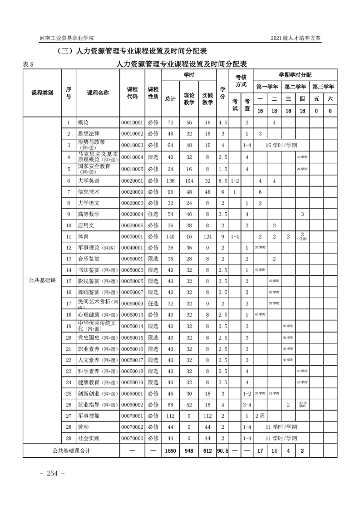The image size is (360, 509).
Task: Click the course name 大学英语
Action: pyautogui.click(x=89, y=181)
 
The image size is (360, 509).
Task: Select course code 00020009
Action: pyautogui.click(x=132, y=192)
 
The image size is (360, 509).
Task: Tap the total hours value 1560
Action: pyautogui.click(x=170, y=451)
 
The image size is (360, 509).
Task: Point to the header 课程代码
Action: pyautogui.click(x=132, y=93)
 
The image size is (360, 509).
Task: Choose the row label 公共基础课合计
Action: pyautogui.click(x=70, y=451)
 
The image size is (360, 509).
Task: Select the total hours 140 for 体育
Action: pyautogui.click(x=170, y=236)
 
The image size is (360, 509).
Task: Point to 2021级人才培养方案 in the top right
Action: pyautogui.click(x=295, y=38)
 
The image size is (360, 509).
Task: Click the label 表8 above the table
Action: pyautogui.click(x=28, y=64)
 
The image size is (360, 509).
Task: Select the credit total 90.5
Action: pyautogui.click(x=222, y=451)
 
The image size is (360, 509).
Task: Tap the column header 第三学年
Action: pyautogui.click(x=323, y=86)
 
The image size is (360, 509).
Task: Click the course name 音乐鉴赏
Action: pyautogui.click(x=89, y=259)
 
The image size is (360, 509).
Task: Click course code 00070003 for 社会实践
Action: pyautogui.click(x=132, y=438)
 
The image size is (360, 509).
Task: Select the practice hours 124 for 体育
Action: pyautogui.click(x=207, y=236)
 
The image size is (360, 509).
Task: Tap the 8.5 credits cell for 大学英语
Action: pyautogui.click(x=222, y=181)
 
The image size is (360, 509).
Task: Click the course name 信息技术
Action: pyautogui.click(x=89, y=192)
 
